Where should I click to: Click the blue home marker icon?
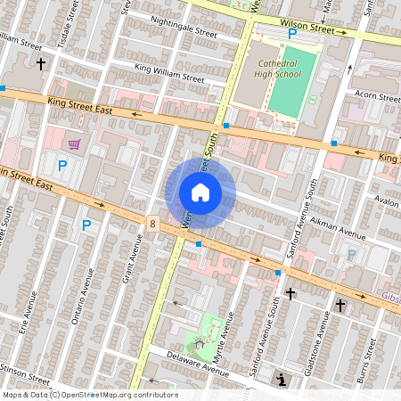[x=200, y=192]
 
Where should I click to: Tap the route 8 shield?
[x=153, y=225]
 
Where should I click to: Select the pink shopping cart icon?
[x=75, y=143]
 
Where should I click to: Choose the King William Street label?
[x=169, y=72]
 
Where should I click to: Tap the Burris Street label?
[x=372, y=360]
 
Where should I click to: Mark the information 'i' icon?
[x=282, y=380]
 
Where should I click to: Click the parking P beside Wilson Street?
[x=291, y=35]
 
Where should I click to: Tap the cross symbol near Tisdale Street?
[x=41, y=64]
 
